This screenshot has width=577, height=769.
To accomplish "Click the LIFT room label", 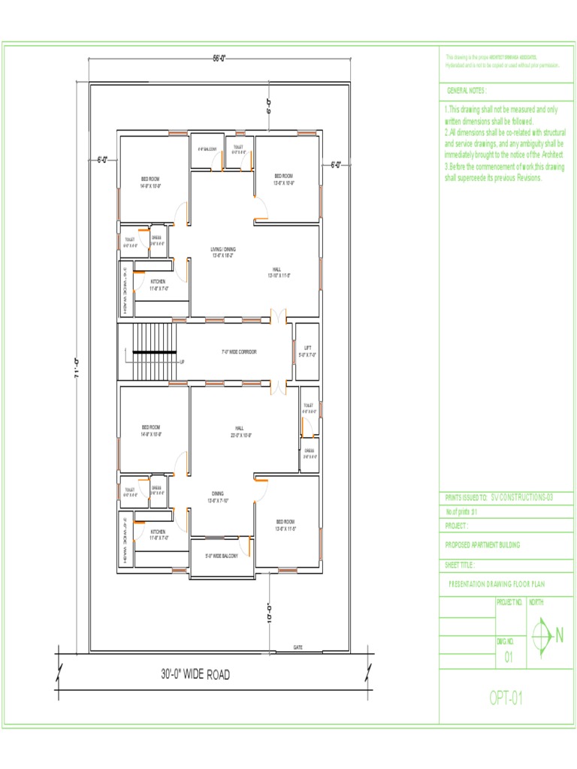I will click(307, 351).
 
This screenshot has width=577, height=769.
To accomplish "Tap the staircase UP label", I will click(182, 362).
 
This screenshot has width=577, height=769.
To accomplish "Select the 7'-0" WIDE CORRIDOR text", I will click(239, 351).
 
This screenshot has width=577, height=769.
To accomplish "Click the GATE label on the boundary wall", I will click(298, 647).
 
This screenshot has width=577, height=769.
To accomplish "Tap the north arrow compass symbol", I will click(542, 636).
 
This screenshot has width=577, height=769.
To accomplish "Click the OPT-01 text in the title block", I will click(506, 698).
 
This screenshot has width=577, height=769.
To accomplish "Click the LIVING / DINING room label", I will click(223, 252).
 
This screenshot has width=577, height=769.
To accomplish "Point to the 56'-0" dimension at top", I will click(219, 59).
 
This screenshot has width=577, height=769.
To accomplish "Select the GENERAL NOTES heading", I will click(467, 90).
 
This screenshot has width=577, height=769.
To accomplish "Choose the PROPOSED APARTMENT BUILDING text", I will click(482, 544).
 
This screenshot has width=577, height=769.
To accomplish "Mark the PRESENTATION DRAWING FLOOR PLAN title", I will click(497, 583).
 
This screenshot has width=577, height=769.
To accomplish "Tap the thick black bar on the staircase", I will click(155, 351).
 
